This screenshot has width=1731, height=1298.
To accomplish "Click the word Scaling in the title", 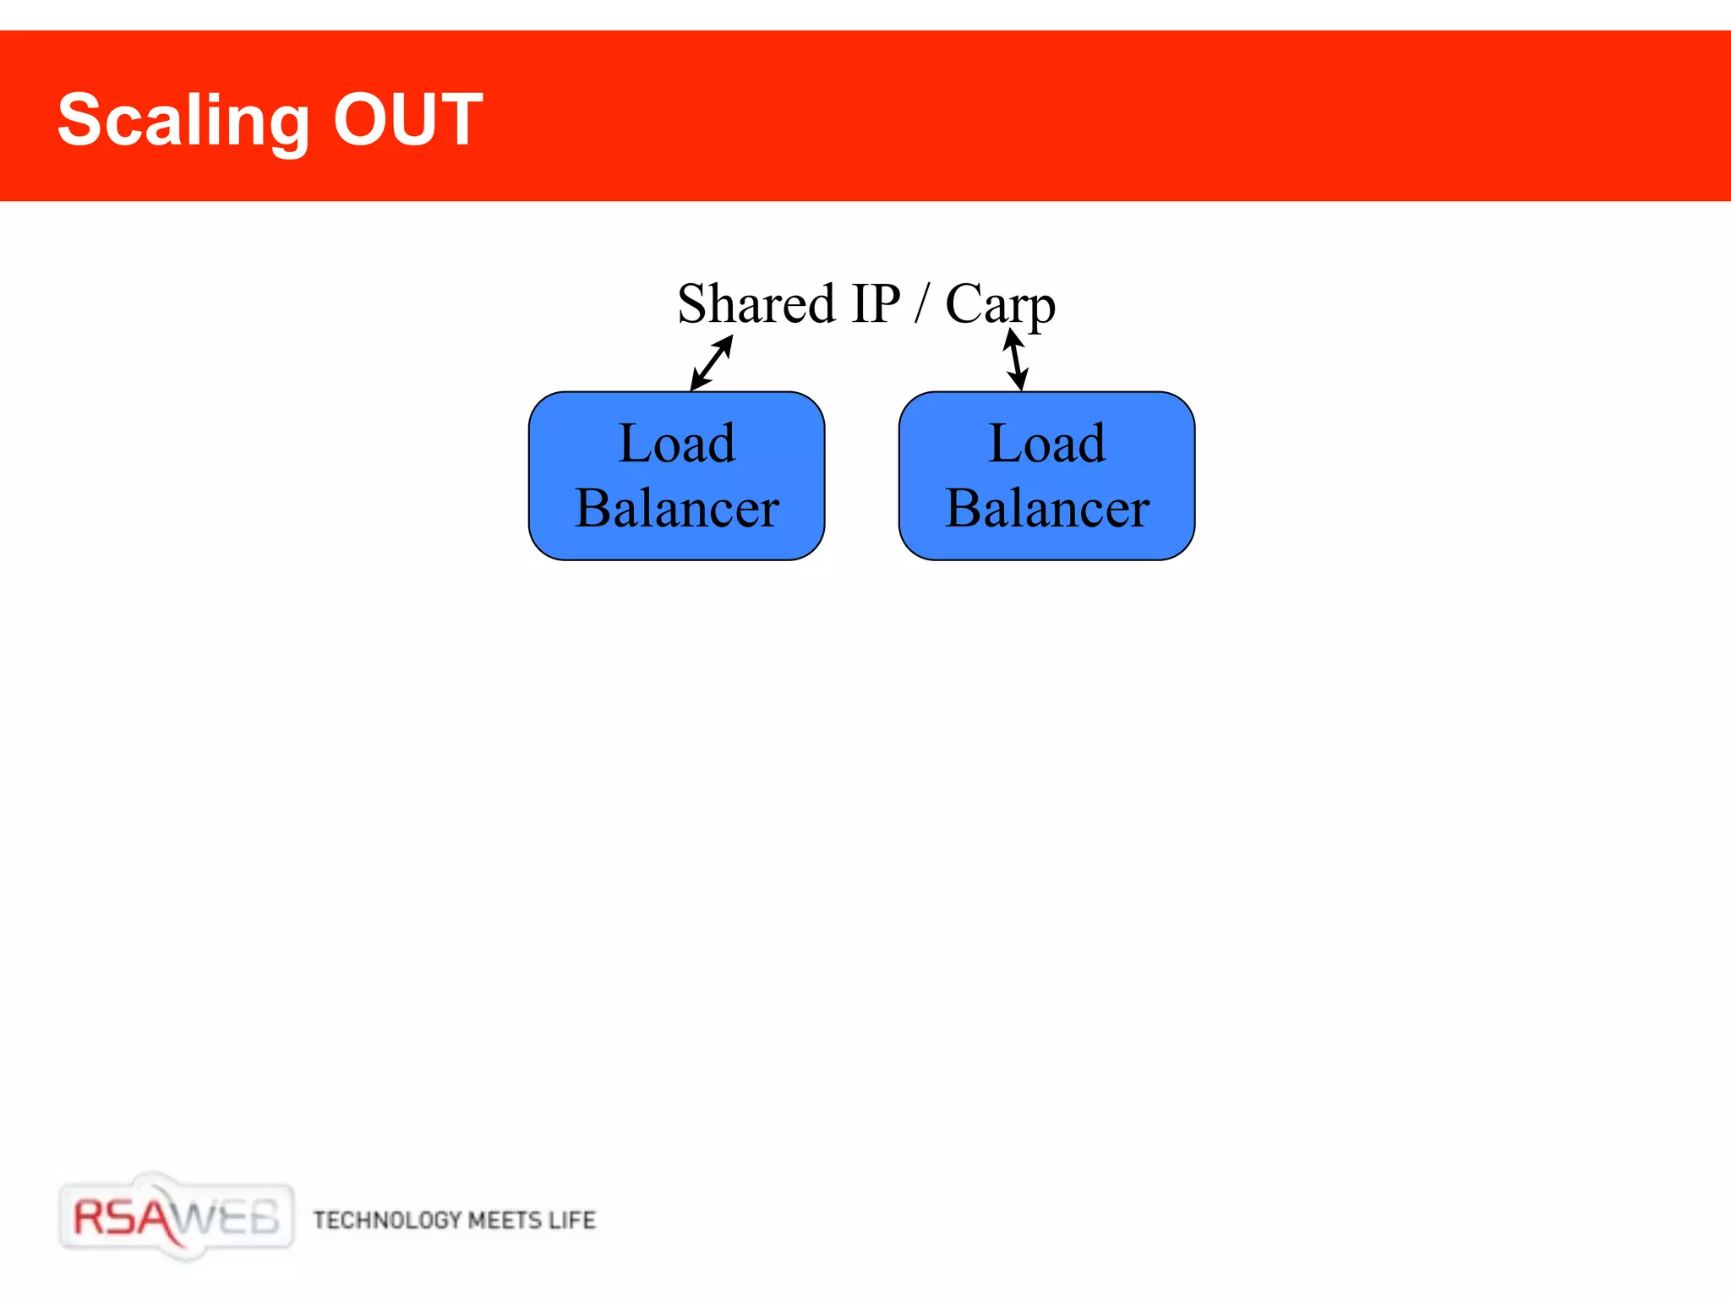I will (183, 121).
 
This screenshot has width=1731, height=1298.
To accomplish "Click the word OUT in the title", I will (407, 119).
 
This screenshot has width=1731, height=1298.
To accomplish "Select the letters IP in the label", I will (876, 303).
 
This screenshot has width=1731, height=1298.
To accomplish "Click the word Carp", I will (1000, 305).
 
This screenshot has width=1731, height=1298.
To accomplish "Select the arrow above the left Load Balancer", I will (712, 363).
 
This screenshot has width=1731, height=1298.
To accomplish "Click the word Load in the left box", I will (676, 443).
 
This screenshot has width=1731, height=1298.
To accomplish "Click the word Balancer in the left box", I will (676, 508).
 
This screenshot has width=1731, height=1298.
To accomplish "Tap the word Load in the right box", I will (1046, 443).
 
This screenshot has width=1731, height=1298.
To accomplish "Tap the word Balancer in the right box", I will (1046, 508).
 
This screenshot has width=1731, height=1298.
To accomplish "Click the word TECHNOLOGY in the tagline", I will (386, 1219).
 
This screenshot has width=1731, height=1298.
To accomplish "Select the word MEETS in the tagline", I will (504, 1219).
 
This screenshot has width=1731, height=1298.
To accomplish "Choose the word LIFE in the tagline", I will (572, 1219).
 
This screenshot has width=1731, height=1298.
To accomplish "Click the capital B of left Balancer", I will (592, 508).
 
